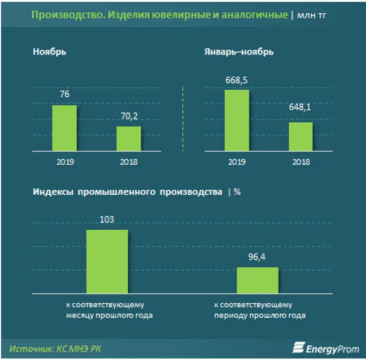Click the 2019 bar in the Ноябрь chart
(64, 128)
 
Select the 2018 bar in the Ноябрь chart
(129, 139)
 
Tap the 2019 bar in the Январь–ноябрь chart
(237, 120)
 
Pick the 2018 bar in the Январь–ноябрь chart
(300, 136)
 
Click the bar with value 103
(107, 261)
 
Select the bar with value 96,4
(258, 280)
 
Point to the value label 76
(64, 94)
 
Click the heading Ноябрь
(49, 52)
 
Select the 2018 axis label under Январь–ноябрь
(300, 162)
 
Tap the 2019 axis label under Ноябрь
(64, 162)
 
